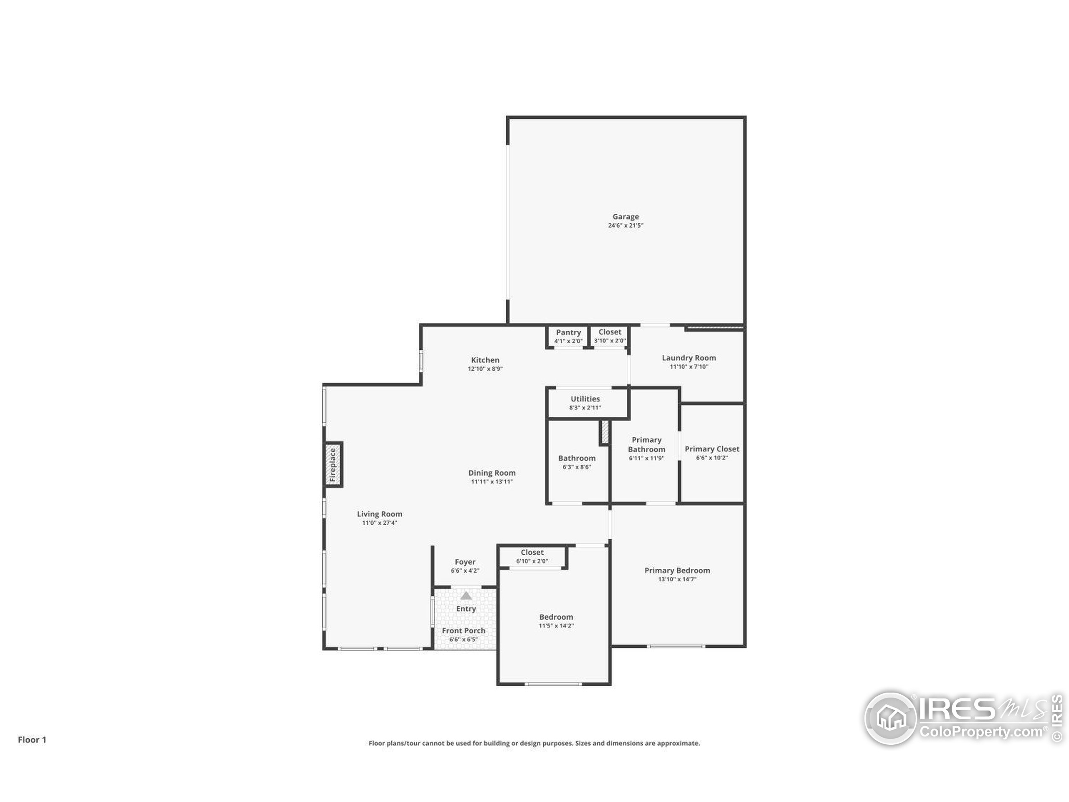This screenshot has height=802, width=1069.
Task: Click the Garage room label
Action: [626, 216]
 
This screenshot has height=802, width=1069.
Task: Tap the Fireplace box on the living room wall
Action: [333, 464]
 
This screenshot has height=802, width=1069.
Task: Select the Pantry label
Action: [568, 332]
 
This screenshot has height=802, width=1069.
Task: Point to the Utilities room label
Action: [585, 399]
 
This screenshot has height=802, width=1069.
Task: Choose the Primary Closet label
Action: [712, 449]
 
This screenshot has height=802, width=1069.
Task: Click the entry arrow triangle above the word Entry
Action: [466, 596]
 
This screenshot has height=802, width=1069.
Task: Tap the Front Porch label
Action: [464, 630]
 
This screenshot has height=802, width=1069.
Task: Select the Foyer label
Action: [465, 562]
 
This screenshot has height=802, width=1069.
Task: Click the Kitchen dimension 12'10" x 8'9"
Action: [485, 368]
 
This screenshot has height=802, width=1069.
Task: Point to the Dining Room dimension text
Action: [492, 482]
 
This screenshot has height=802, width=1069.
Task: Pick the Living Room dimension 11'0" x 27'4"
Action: [380, 523]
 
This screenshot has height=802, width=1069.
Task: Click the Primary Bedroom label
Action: [677, 571]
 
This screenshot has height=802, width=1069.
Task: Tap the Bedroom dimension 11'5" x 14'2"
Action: [556, 626]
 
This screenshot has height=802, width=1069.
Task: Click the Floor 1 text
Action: [32, 740]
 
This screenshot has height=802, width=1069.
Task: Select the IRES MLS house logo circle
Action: [890, 718]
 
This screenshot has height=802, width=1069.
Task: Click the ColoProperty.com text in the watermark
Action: [980, 731]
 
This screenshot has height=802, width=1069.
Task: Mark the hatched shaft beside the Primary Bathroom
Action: [605, 433]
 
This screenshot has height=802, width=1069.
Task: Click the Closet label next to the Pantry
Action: [610, 332]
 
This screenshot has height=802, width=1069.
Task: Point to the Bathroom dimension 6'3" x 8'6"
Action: [577, 467]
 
